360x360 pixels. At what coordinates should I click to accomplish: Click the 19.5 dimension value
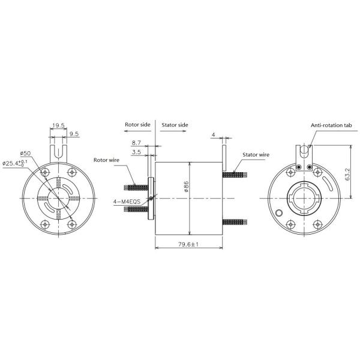point(58,125)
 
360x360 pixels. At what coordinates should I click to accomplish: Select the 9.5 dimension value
point(74,134)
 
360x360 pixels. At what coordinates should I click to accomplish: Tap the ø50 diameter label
point(25,154)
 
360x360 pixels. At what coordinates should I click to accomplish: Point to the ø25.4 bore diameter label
point(14,163)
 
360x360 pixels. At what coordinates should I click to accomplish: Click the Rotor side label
point(137,125)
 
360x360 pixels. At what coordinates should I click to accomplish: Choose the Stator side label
point(175,125)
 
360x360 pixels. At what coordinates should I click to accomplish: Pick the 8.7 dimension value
point(136,143)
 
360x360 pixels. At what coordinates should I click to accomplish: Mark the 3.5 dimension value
point(136,152)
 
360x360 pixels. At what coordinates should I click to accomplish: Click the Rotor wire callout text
point(106,160)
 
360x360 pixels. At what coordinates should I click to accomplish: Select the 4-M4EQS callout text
point(127,202)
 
